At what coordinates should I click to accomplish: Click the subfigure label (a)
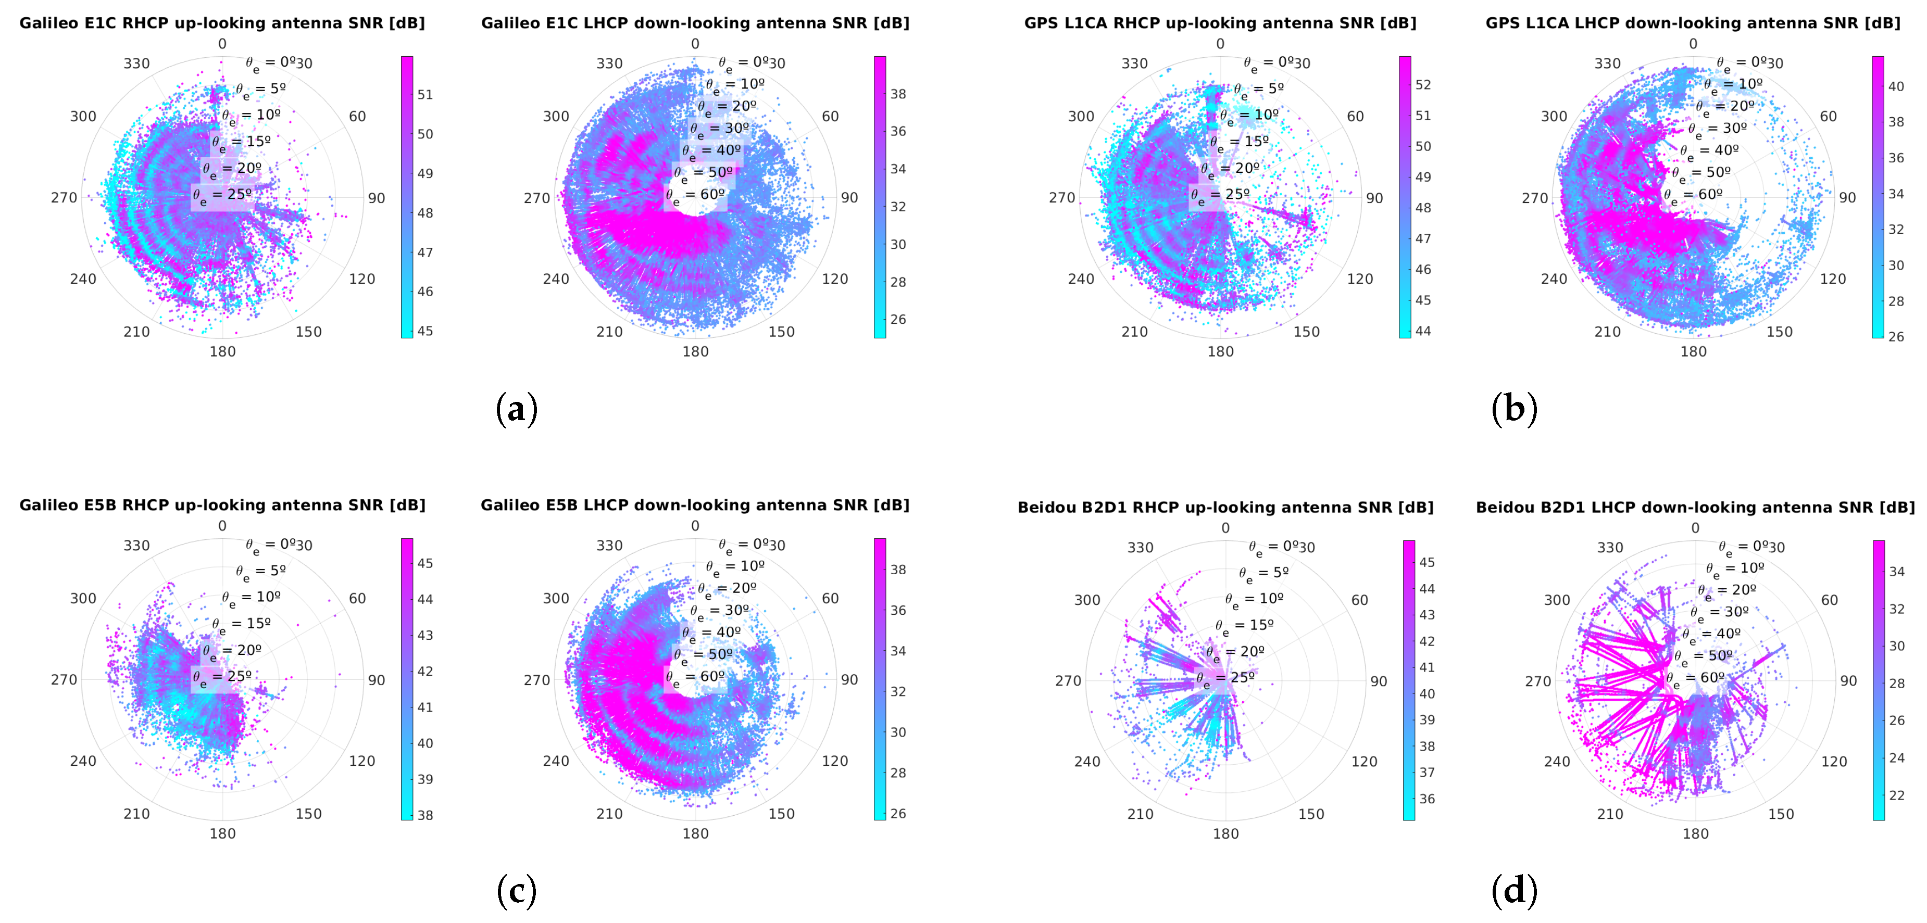pos(516,409)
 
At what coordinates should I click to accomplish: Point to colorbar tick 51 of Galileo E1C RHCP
pos(425,95)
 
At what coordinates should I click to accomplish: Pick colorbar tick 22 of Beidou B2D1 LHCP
pos(1896,795)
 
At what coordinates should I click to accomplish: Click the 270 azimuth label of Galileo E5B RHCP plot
pos(64,680)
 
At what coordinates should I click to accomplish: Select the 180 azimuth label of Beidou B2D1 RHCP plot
pos(1225,833)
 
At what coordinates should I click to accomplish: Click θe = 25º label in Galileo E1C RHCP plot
pos(222,195)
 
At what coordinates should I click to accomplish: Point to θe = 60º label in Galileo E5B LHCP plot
pos(695,677)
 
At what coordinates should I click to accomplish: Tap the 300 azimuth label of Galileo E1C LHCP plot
pos(556,117)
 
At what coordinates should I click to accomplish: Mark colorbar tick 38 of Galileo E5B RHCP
pos(425,815)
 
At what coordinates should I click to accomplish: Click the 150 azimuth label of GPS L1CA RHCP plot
pos(1306,332)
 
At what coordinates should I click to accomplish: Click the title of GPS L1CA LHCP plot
pos(1692,23)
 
